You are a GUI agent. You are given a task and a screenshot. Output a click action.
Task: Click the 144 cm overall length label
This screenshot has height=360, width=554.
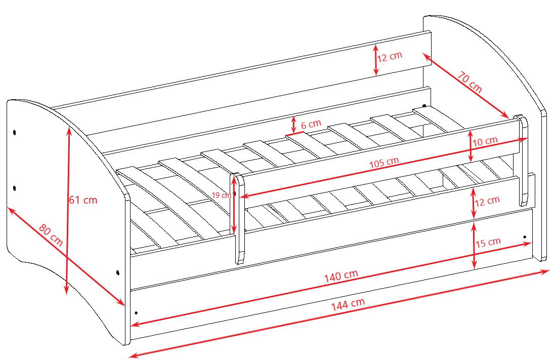click(348, 304)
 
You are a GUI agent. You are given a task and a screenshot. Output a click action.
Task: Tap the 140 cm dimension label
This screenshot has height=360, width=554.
click(342, 276)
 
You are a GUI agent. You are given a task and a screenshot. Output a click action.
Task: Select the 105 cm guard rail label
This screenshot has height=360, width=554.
click(384, 163)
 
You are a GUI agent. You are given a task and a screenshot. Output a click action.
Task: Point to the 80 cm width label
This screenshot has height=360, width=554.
click(51, 235)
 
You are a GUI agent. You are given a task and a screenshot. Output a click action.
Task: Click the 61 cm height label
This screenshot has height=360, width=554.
click(83, 200)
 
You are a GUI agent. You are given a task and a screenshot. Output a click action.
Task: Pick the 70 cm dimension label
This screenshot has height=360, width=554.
click(470, 82)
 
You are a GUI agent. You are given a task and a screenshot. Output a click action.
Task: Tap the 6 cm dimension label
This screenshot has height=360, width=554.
click(311, 124)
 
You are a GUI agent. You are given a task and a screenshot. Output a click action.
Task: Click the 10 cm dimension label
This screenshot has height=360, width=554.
click(486, 141)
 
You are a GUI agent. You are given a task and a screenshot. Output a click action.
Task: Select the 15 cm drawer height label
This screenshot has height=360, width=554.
click(488, 243)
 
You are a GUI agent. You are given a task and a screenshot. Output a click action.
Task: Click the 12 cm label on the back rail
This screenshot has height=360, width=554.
click(390, 57)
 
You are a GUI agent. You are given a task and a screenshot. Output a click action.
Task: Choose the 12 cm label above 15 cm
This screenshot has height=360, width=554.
click(487, 202)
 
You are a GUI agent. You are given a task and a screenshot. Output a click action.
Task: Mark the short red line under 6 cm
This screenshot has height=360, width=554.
click(294, 134)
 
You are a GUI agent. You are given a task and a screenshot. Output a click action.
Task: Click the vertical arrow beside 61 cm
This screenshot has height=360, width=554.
click(68, 211)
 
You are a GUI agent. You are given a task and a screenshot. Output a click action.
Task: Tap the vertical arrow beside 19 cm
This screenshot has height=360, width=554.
click(234, 205)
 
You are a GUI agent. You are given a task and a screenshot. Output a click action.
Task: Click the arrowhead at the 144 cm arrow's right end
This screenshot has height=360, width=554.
click(545, 271)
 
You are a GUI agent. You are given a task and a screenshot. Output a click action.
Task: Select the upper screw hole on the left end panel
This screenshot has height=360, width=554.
click(15, 133)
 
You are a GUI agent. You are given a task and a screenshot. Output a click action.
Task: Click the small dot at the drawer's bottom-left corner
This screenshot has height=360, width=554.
click(137, 312)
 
